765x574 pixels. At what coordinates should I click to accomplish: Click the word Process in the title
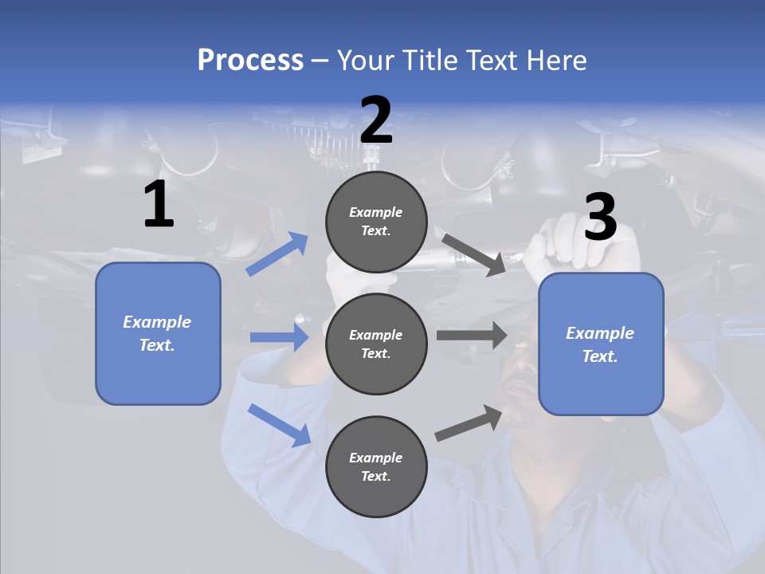coord(250,61)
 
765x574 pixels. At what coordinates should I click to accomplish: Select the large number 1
coord(159,205)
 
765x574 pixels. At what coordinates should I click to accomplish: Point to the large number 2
coord(376,120)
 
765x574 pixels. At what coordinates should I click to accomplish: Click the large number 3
coord(600,218)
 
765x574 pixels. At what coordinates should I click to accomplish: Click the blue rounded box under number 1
coord(158,333)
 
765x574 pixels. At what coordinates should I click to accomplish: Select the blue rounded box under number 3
coord(601,344)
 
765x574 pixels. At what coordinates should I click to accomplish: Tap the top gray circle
coord(376,222)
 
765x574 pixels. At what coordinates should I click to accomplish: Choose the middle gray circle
coord(376,344)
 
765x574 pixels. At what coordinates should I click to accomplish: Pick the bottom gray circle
coord(376,467)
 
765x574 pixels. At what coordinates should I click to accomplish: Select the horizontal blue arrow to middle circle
coord(279,337)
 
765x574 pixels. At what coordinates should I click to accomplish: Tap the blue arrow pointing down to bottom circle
coord(279,425)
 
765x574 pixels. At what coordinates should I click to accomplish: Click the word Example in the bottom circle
coord(375,458)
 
